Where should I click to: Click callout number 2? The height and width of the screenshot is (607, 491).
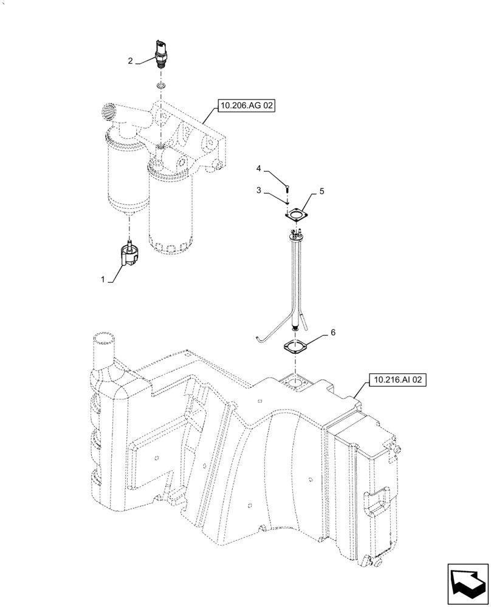click(x=130, y=60)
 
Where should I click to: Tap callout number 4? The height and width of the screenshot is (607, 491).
click(x=258, y=168)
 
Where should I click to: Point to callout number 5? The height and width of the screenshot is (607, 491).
click(x=322, y=191)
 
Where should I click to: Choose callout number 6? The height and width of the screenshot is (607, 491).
click(x=332, y=333)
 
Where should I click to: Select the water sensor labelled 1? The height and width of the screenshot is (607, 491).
click(x=129, y=254)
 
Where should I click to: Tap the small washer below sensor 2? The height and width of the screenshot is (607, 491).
click(x=160, y=86)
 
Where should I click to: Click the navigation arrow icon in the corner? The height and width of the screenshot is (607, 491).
click(x=467, y=583)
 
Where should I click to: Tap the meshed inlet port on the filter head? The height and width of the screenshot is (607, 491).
click(x=108, y=111)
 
